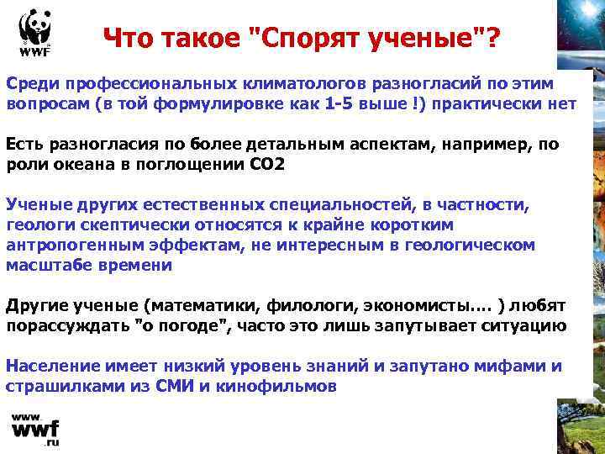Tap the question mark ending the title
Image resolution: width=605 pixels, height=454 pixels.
(487, 38)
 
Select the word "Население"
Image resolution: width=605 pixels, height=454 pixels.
(50, 367)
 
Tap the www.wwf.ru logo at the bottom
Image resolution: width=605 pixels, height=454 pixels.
(34, 430)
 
